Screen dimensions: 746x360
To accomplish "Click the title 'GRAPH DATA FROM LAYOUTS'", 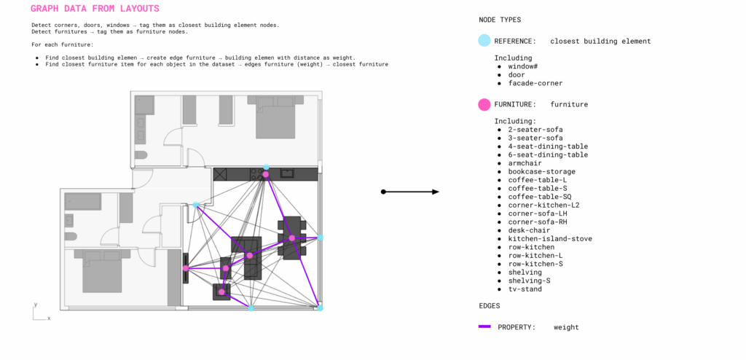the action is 95,9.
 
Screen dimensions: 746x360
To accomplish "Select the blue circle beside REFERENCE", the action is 484,41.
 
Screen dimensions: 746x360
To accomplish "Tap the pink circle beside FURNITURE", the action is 484,104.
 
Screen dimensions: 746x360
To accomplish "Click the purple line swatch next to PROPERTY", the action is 484,326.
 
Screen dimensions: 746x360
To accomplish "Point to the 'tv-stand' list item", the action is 525,289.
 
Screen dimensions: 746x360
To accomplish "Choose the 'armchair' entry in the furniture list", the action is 525,163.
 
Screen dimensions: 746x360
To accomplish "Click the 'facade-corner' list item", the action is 535,83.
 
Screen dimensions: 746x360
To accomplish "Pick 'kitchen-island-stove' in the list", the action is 550,238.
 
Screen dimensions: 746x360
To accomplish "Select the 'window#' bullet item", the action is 523,66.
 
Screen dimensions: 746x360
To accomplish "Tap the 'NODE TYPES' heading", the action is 500,20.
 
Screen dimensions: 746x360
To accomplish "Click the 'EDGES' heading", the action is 489,306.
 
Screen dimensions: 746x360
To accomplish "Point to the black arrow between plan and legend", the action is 409,192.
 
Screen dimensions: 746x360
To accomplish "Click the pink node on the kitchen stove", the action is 265,175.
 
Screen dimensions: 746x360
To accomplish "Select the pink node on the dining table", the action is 291,238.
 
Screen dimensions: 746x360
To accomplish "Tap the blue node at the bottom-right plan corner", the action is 321,308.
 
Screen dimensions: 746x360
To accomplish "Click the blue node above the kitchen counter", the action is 266,167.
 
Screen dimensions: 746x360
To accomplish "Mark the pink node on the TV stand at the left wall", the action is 186,269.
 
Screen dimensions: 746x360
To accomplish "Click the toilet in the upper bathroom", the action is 141,155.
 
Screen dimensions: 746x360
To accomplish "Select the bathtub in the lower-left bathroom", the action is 83,202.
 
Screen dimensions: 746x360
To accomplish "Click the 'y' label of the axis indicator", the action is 36,305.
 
